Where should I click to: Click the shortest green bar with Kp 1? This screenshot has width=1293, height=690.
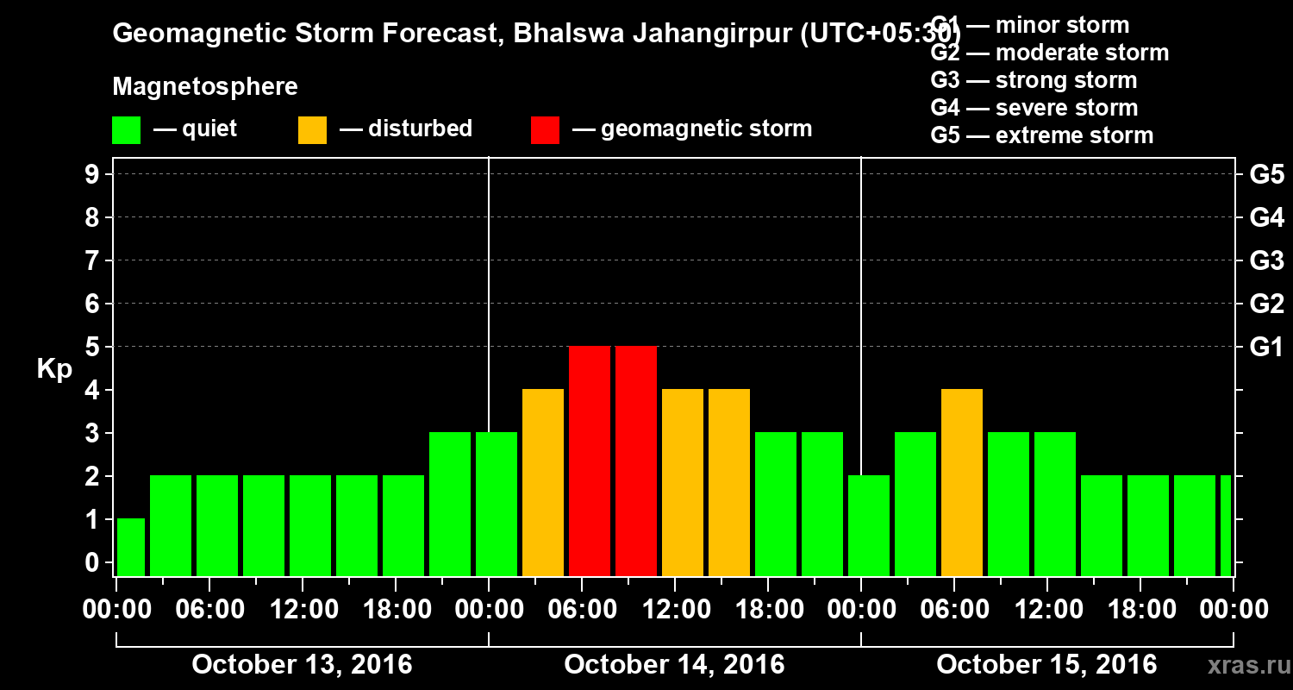[x=131, y=547]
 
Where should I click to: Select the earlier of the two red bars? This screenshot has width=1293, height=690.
[x=590, y=461]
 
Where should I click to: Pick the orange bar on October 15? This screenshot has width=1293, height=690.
[x=962, y=482]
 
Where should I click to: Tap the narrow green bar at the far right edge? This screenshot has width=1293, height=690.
[x=1226, y=525]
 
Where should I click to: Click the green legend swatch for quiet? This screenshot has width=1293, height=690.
[x=126, y=130]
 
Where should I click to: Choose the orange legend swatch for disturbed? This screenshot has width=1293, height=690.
[x=312, y=130]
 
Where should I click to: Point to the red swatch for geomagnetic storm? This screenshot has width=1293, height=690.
[x=545, y=130]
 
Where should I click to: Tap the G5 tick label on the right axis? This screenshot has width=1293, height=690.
[x=1266, y=174]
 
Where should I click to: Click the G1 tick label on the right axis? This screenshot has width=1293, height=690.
[x=1266, y=347]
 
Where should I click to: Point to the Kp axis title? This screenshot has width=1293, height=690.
[x=54, y=369]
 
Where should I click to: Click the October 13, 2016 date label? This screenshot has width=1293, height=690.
[x=302, y=665]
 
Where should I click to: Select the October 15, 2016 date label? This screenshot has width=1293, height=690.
[x=1046, y=665]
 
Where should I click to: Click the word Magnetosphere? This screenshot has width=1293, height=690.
[x=205, y=87]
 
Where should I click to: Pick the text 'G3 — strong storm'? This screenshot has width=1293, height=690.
[x=1034, y=80]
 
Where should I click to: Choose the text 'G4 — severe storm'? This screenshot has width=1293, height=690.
[x=1034, y=108]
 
